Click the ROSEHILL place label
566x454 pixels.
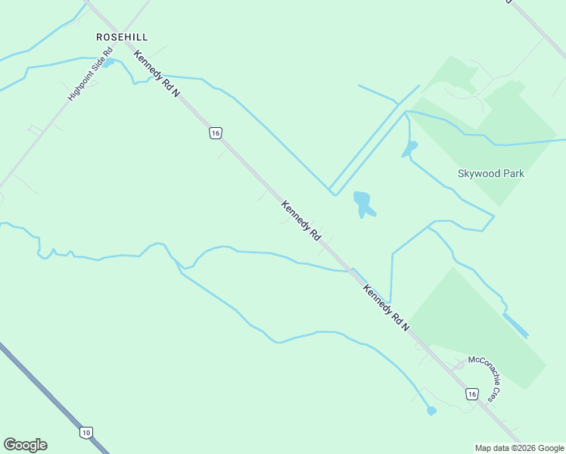coord(121,36)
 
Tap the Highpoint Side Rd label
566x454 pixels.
coord(90,76)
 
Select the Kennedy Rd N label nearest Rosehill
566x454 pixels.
coord(157,73)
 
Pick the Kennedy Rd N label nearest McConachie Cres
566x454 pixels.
coord(385,308)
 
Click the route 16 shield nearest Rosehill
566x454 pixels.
coord(216,133)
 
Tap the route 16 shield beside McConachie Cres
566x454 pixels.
coord(471,394)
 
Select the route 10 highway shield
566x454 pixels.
coord(86,432)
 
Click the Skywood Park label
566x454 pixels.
coord(491,173)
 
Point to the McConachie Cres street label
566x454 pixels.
coord(484,378)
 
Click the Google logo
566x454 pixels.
coord(25,445)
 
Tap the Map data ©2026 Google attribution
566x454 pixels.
coord(520,448)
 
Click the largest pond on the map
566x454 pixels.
coord(363,203)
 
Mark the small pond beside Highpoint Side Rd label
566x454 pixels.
coord(108,62)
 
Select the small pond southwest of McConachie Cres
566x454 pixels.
coord(431,411)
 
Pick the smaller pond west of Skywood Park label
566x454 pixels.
coord(409,148)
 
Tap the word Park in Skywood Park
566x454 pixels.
coord(512,173)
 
